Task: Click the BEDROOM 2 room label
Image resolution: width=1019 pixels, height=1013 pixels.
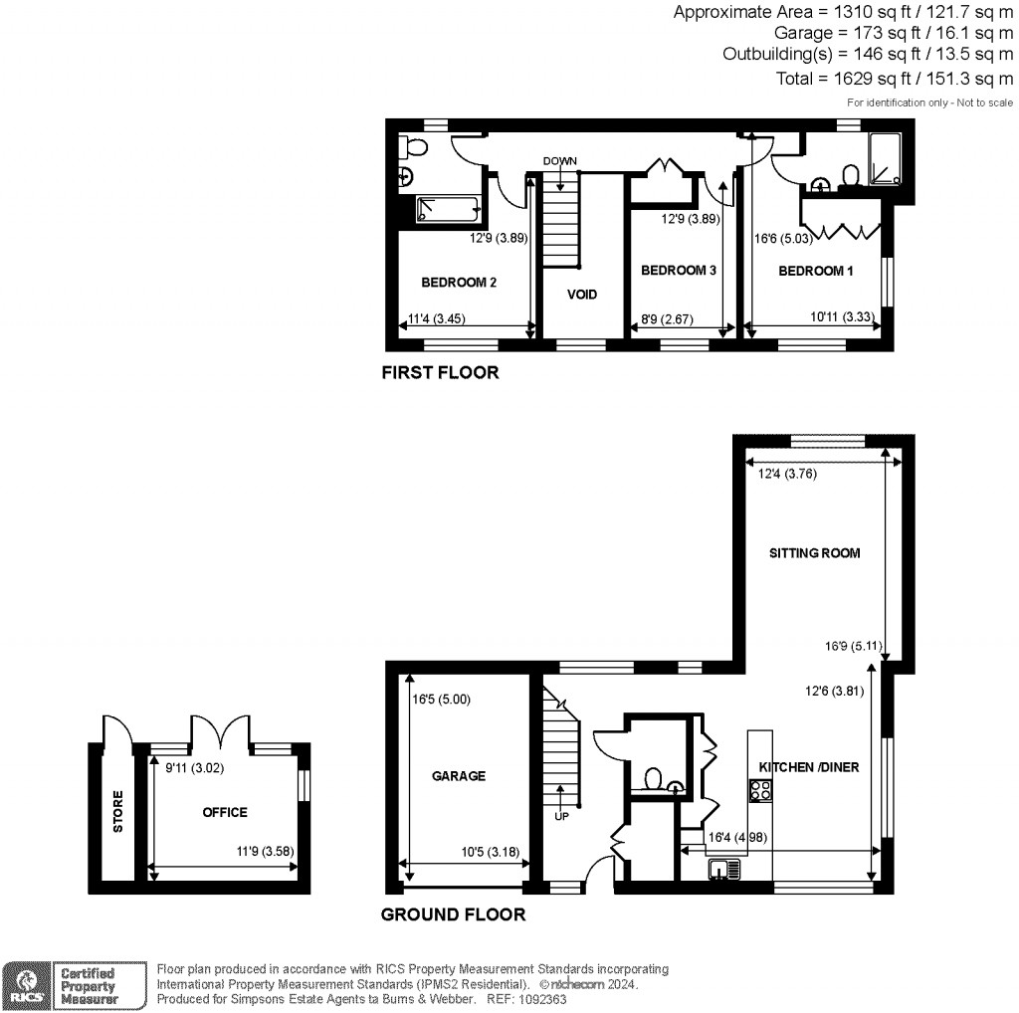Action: [458, 282]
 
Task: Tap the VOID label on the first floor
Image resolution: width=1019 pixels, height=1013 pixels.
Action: [582, 295]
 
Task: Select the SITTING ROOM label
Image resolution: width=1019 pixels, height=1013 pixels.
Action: [813, 553]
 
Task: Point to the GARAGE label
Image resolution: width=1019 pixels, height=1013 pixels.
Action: [459, 776]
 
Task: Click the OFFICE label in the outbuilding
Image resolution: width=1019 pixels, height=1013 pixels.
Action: [224, 812]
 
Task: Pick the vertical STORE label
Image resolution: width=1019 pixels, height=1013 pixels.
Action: [118, 811]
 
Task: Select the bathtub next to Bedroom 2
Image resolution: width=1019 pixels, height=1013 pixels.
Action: [446, 209]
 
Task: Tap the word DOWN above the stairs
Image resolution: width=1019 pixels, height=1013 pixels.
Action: [560, 160]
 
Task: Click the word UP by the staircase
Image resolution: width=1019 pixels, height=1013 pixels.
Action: [562, 816]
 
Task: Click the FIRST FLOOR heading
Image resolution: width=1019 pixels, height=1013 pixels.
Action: [440, 374]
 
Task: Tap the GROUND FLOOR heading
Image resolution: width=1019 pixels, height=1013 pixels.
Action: [453, 914]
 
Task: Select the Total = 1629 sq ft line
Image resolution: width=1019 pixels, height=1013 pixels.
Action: [894, 79]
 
